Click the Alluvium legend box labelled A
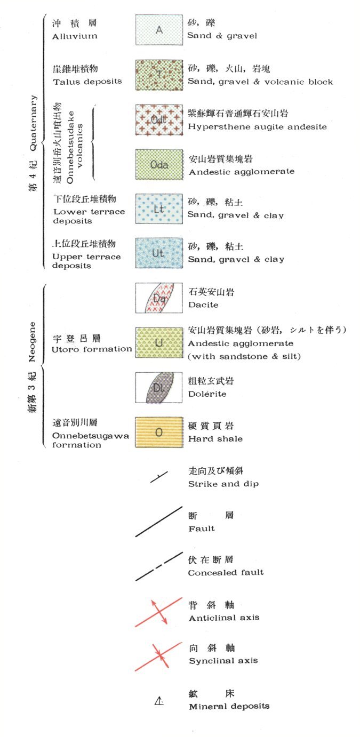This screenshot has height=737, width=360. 159,30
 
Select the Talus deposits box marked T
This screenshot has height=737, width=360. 159,75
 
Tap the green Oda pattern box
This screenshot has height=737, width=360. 159,165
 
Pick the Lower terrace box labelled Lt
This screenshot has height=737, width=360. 159,209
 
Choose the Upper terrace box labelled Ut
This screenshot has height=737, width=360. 159,253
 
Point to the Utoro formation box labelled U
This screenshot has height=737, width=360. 159,343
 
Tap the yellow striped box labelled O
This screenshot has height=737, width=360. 159,432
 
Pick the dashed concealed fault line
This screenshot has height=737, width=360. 159,566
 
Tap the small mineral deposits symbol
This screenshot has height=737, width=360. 159,702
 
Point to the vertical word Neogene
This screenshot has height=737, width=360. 33,341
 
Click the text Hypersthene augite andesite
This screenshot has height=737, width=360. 257,127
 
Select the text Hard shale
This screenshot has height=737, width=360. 215,439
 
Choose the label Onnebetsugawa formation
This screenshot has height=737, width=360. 91,440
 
